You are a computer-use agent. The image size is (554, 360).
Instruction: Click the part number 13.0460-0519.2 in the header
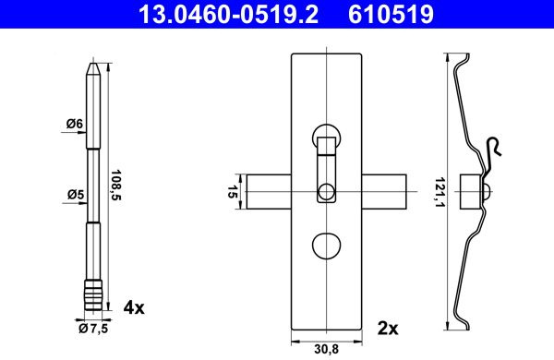[228, 14]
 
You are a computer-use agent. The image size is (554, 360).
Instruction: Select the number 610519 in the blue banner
[391, 14]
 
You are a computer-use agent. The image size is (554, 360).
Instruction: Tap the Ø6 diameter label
[74, 124]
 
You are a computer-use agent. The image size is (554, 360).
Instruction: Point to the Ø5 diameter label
[76, 195]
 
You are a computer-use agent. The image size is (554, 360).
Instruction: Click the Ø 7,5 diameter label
[93, 329]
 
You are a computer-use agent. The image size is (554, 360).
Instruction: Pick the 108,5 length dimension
[116, 186]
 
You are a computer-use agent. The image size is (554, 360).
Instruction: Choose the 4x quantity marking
[134, 308]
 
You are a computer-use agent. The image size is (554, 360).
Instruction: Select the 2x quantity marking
[388, 329]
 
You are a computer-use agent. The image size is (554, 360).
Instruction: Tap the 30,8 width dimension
[327, 350]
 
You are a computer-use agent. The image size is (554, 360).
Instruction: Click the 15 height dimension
[232, 192]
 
